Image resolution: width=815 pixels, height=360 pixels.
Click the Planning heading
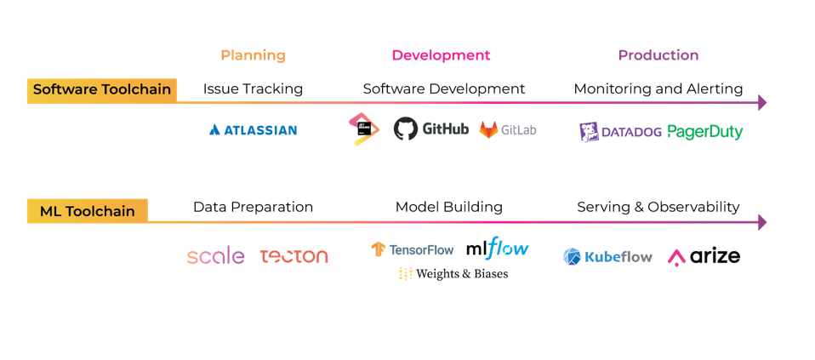click(x=253, y=55)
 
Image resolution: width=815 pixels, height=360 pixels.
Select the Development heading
click(x=441, y=55)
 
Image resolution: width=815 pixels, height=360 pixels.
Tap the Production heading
click(x=658, y=55)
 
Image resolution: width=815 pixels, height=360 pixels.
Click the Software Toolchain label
click(x=101, y=89)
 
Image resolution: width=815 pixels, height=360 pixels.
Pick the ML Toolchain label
click(x=87, y=210)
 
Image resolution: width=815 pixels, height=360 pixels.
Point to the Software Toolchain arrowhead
click(x=761, y=103)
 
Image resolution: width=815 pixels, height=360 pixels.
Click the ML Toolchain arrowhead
click(x=761, y=222)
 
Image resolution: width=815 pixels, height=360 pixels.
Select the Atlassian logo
click(x=253, y=130)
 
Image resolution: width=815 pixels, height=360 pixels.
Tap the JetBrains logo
click(x=362, y=129)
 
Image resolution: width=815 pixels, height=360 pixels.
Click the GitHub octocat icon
click(x=406, y=129)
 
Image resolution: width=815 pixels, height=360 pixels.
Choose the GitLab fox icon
click(x=488, y=130)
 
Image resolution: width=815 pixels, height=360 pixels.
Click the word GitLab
click(x=518, y=130)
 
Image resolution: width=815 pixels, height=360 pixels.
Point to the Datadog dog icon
click(x=590, y=132)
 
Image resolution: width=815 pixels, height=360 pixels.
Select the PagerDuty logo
click(x=704, y=132)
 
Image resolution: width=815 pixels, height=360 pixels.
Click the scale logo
click(x=215, y=256)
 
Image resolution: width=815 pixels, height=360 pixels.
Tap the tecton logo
click(x=294, y=256)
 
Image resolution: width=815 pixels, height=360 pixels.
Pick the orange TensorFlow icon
click(x=379, y=249)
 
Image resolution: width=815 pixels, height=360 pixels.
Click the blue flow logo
click(x=507, y=249)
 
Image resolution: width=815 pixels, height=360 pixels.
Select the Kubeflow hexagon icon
click(x=572, y=256)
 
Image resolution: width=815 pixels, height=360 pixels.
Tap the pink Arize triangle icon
click(x=677, y=256)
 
